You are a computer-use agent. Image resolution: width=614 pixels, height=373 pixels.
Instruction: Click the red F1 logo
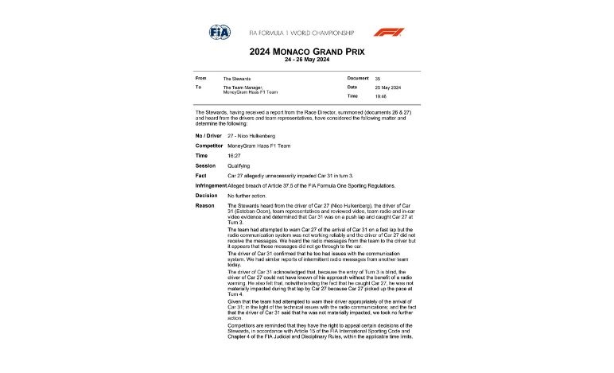(389, 32)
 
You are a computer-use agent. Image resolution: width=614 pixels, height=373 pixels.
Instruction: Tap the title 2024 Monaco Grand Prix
(306, 52)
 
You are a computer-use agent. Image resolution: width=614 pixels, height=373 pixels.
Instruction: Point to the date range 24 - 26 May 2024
(306, 61)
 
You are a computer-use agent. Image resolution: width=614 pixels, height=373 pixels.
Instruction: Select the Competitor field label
(209, 146)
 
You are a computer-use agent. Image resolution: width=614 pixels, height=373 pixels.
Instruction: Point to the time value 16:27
(234, 156)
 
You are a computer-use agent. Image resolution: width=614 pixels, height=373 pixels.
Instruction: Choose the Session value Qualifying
(240, 166)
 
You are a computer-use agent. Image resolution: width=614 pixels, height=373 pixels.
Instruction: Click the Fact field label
(200, 176)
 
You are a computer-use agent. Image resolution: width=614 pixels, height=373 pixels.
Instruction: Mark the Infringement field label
(216, 185)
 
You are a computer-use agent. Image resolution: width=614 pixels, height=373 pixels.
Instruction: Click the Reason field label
(204, 205)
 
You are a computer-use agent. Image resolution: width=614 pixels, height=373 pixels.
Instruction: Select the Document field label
(359, 79)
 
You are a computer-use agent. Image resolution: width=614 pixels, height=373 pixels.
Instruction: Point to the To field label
(197, 87)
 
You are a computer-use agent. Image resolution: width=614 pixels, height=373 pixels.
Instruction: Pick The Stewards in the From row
(236, 79)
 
